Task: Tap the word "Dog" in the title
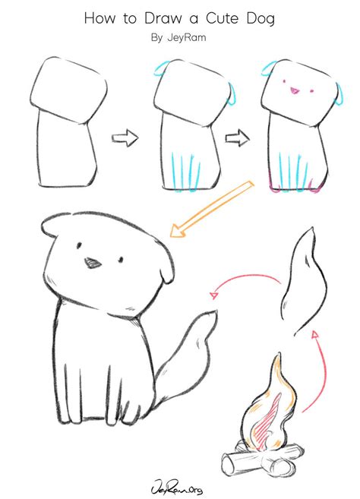(261, 19)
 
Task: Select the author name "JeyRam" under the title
(187, 37)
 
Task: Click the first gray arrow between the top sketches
(125, 137)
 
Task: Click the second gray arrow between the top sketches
(238, 137)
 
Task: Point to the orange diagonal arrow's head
(178, 230)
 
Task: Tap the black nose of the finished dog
(93, 262)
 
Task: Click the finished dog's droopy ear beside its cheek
(166, 269)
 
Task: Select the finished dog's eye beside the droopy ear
(121, 260)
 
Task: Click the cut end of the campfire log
(229, 463)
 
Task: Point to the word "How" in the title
(99, 18)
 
